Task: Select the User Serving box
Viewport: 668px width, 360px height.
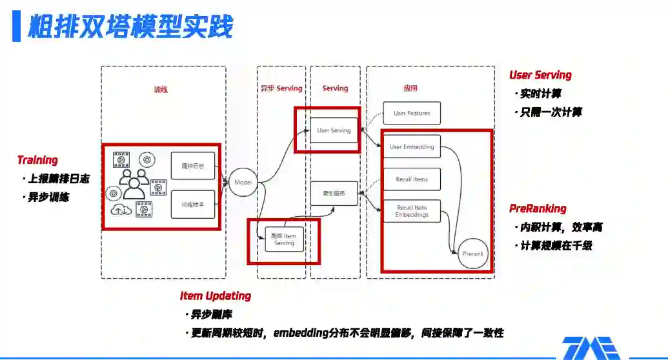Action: pyautogui.click(x=334, y=130)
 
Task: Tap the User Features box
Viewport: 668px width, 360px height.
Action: pyautogui.click(x=412, y=114)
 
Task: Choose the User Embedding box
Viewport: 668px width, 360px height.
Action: pyautogui.click(x=412, y=147)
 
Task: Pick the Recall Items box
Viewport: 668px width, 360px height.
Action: pyautogui.click(x=412, y=179)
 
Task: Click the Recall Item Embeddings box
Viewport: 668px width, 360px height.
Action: pyautogui.click(x=412, y=211)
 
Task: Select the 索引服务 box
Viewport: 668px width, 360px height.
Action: pyautogui.click(x=334, y=193)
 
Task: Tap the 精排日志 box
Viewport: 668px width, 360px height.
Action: pyautogui.click(x=192, y=166)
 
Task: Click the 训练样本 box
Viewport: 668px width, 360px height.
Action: pyautogui.click(x=192, y=204)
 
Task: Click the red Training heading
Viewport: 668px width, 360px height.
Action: pyautogui.click(x=37, y=160)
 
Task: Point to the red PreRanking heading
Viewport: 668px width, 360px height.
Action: pyautogui.click(x=538, y=208)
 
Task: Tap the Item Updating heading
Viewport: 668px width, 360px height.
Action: pyautogui.click(x=216, y=296)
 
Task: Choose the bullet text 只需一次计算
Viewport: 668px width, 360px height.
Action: pyautogui.click(x=551, y=112)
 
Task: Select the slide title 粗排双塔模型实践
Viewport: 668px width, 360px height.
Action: pyautogui.click(x=130, y=27)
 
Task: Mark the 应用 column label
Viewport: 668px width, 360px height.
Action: pyautogui.click(x=410, y=88)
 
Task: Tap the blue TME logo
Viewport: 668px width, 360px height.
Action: pyautogui.click(x=591, y=348)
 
